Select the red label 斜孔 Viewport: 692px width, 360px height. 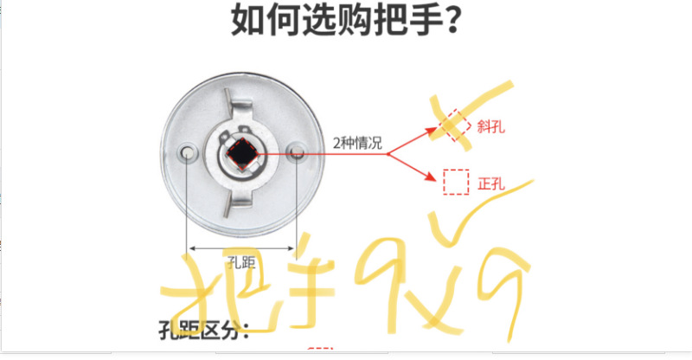(x=490, y=126)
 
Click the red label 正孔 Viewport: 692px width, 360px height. (x=490, y=183)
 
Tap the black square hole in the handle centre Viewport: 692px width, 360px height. (x=240, y=153)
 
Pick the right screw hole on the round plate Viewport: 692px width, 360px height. (x=296, y=152)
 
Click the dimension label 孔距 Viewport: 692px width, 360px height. (x=242, y=260)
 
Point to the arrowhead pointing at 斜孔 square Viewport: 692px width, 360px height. (x=432, y=132)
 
